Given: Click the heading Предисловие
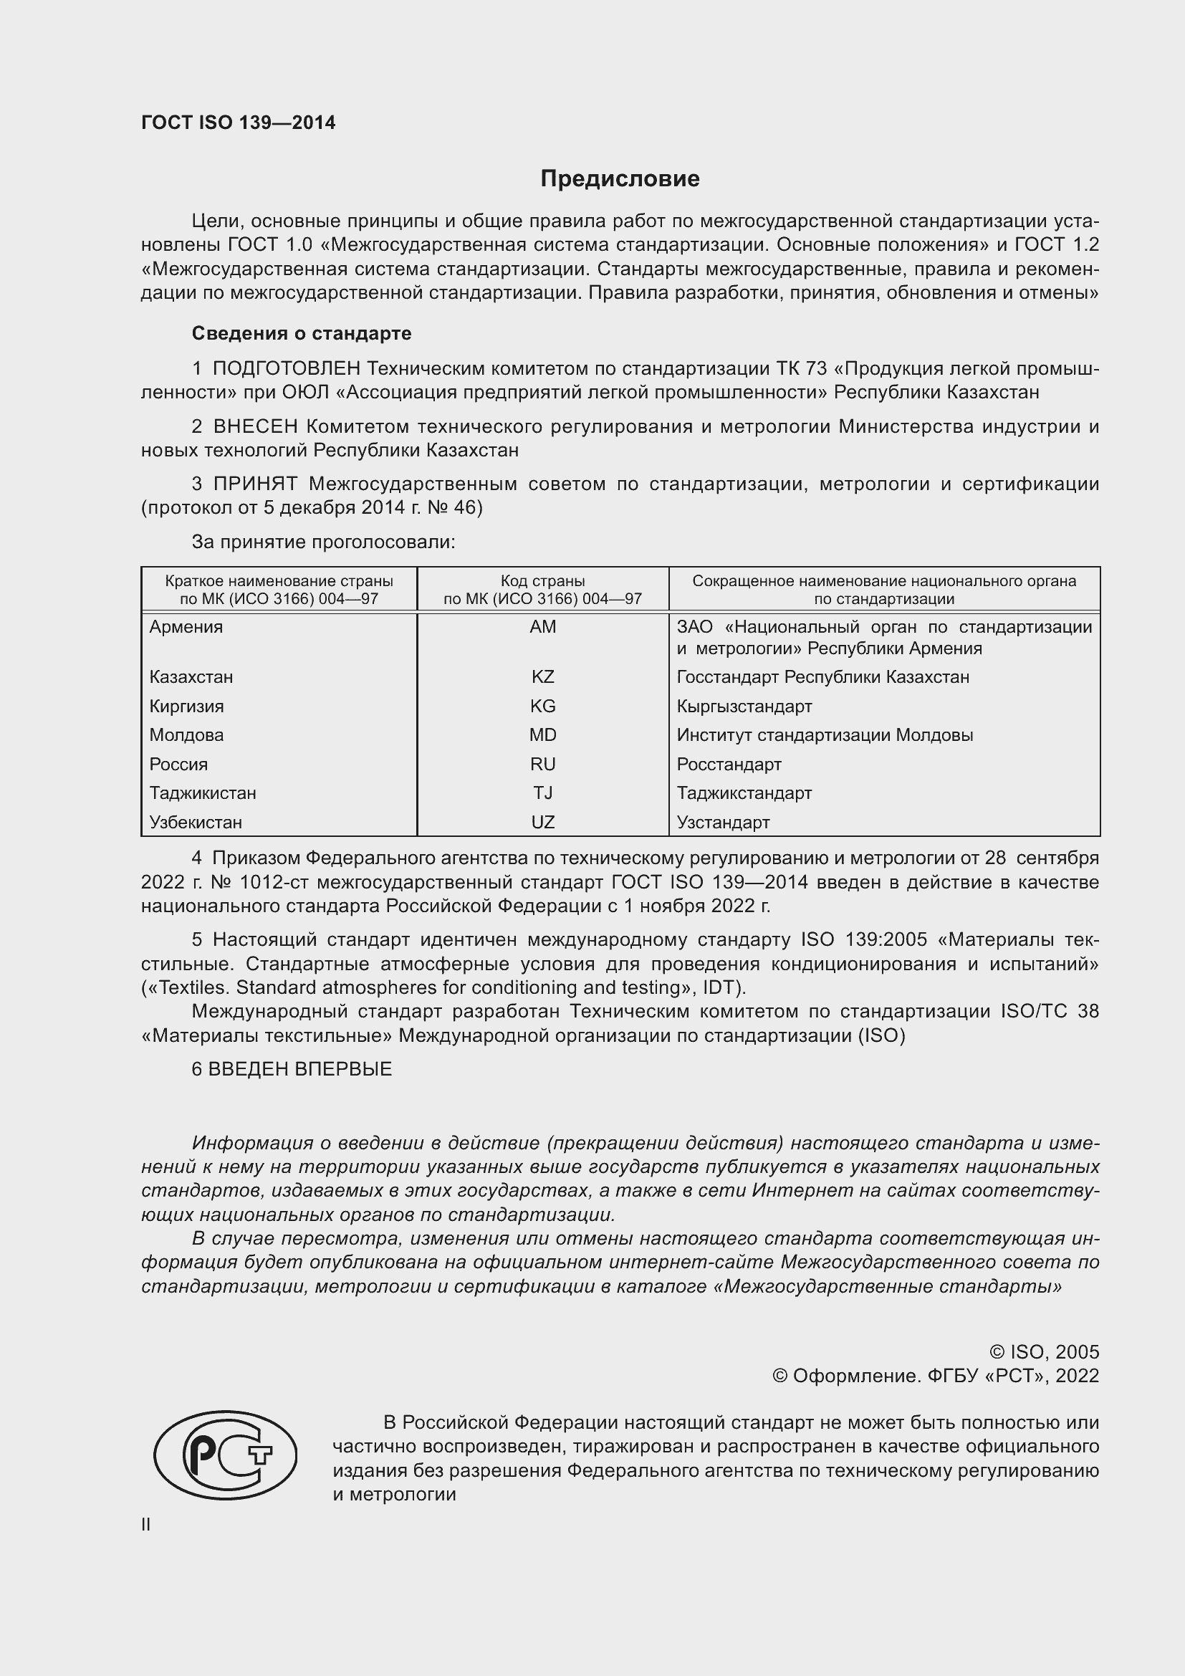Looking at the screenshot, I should click(x=620, y=178).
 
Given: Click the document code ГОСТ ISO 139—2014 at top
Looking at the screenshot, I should click(x=238, y=123).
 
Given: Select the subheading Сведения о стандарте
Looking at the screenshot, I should click(x=302, y=333).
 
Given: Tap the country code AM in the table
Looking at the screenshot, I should click(x=542, y=626).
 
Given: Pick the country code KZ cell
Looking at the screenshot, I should click(x=542, y=676).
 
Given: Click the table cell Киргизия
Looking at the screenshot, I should click(x=187, y=706).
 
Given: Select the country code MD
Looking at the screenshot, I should click(x=542, y=734).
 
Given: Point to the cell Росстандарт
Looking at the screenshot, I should click(x=728, y=764).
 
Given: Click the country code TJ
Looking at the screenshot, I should click(x=542, y=792).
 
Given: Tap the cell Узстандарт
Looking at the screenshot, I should click(x=722, y=822).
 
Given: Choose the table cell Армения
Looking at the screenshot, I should click(x=186, y=626).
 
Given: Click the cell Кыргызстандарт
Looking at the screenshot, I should click(x=744, y=706).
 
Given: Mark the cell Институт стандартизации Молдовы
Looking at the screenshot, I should click(x=825, y=734).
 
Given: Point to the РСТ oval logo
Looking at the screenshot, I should click(x=225, y=1455).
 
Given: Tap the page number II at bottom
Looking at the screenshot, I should click(x=146, y=1524).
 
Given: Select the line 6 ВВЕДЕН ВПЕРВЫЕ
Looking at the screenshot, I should click(x=292, y=1068).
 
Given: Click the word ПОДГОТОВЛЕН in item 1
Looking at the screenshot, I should click(x=286, y=368).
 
